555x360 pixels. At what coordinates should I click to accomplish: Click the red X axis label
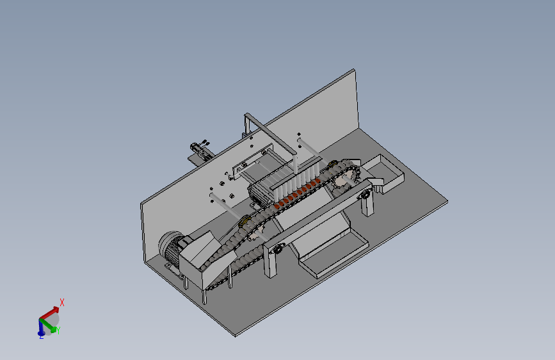(x=62, y=302)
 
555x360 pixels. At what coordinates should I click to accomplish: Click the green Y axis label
(x=58, y=331)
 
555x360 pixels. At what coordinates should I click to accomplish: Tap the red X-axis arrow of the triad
(x=49, y=313)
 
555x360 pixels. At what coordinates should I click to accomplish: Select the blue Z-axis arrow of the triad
(x=41, y=327)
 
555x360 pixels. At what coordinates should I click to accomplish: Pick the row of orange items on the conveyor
(x=296, y=193)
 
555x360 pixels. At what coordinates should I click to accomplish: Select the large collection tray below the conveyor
(x=334, y=255)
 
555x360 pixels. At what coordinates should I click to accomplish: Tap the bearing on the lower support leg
(x=278, y=249)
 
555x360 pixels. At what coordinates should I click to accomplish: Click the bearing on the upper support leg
(x=365, y=195)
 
